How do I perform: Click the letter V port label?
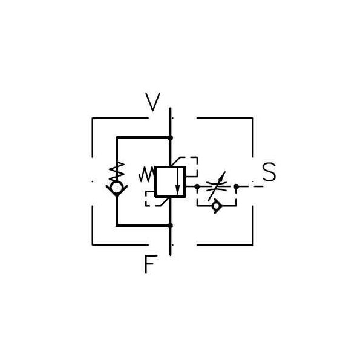(153, 102)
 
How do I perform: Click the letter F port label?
(150, 264)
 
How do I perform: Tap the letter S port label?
(269, 173)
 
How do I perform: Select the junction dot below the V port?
(170, 137)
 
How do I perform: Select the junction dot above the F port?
(170, 225)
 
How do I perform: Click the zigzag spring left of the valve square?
(146, 175)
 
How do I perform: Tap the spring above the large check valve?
(117, 171)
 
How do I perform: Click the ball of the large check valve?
(117, 188)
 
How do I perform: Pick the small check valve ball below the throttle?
(216, 206)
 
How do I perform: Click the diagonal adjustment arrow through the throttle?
(217, 186)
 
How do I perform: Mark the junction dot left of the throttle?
(197, 186)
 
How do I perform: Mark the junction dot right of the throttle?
(236, 186)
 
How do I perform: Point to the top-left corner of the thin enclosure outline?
(92, 118)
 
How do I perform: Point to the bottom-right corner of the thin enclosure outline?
(253, 244)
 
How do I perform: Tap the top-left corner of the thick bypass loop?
(117, 137)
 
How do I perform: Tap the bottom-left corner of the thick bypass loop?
(117, 225)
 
